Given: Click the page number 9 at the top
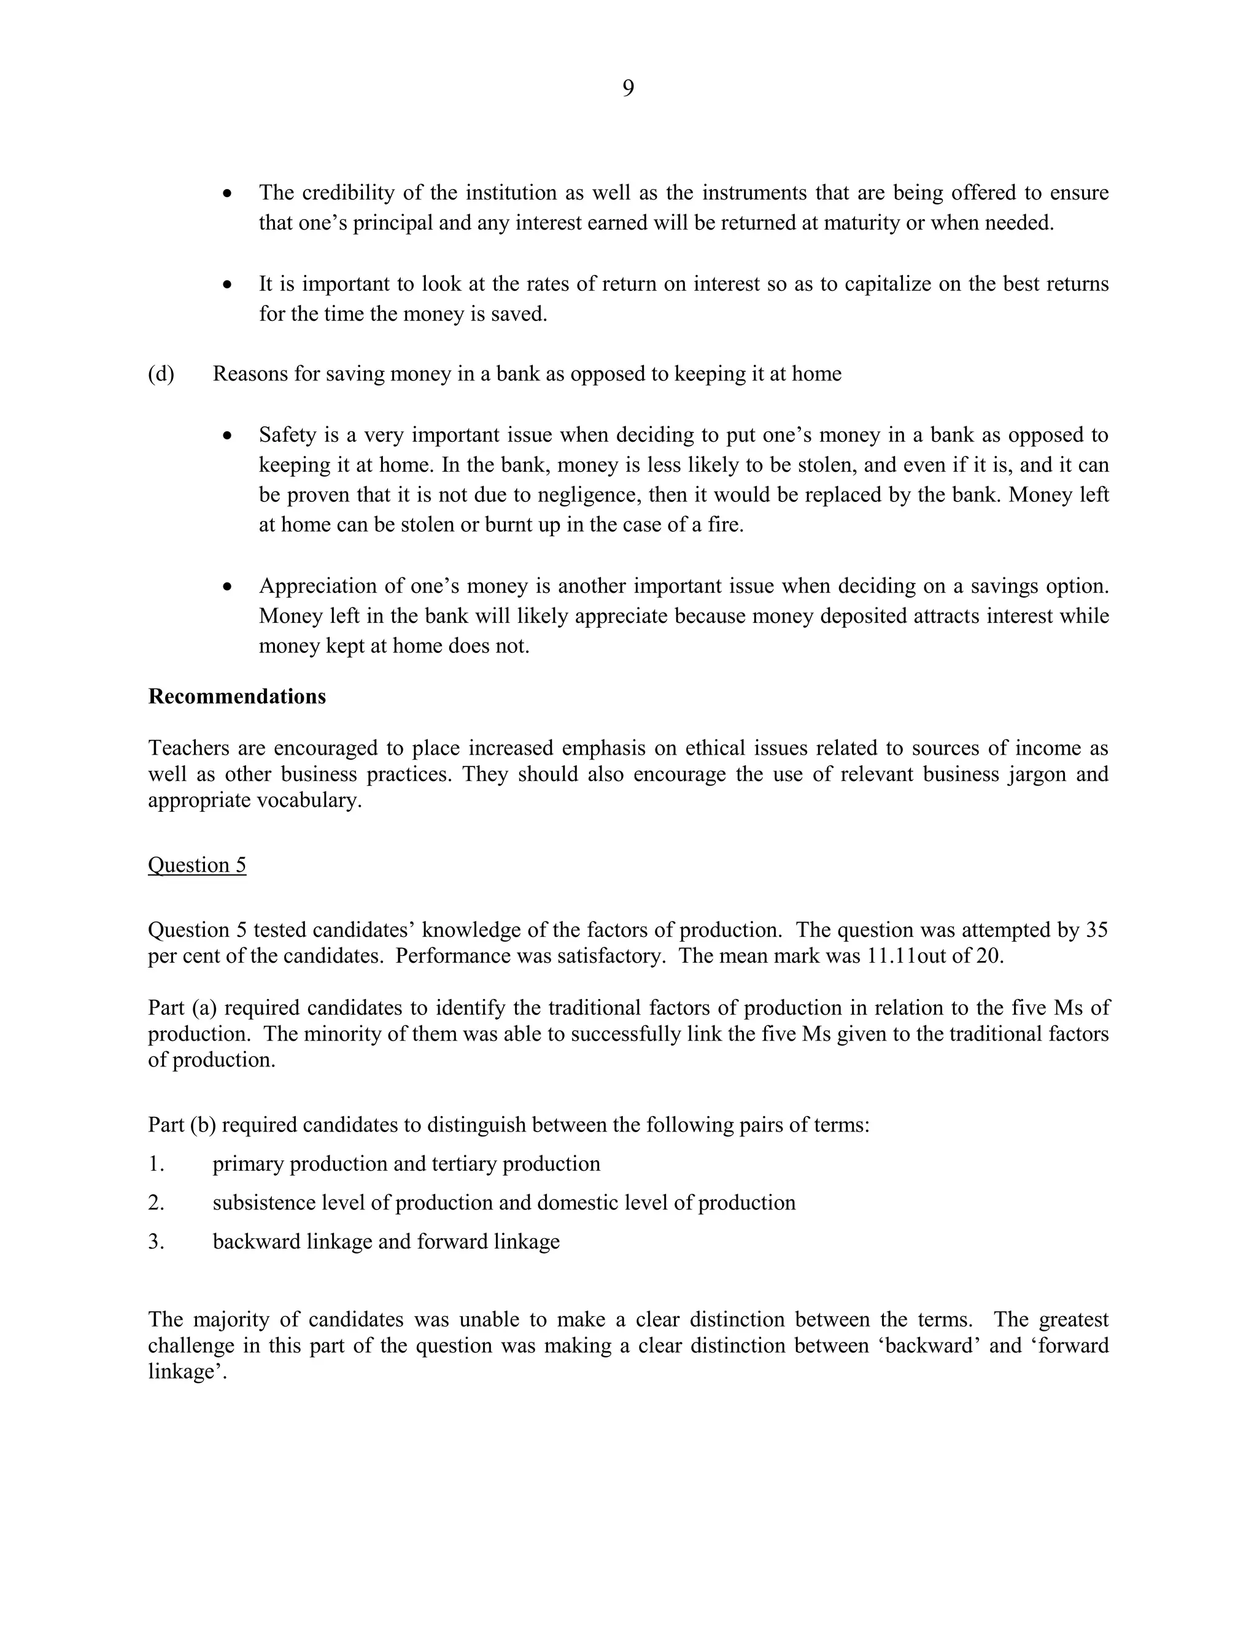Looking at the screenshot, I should (x=628, y=88).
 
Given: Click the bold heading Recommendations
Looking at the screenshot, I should (x=237, y=696).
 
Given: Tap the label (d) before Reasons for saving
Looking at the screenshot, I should (x=161, y=374).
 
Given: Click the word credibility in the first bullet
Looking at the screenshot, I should (x=348, y=193).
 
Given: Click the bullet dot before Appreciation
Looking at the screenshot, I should (x=228, y=587).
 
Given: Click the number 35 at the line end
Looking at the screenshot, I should (x=1097, y=930).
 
